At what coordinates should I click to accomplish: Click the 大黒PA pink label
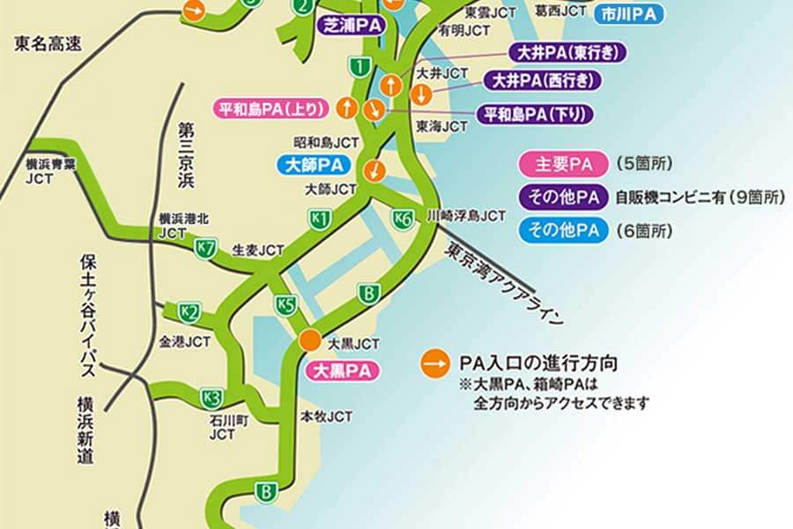(341, 370)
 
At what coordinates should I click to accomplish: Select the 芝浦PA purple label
(352, 26)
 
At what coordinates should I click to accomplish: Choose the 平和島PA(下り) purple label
(535, 114)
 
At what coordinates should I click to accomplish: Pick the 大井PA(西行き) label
(542, 81)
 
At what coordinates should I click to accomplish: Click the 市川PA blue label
(628, 14)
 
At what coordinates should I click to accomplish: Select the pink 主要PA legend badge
(563, 164)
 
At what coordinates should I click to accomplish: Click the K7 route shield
(206, 249)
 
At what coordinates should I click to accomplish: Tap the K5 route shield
(285, 305)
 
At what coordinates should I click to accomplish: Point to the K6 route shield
(404, 220)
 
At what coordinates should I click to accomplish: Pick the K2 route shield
(189, 311)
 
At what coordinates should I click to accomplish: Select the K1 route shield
(321, 218)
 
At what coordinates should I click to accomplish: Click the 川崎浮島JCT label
(466, 214)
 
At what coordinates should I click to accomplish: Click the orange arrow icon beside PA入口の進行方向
(433, 363)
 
